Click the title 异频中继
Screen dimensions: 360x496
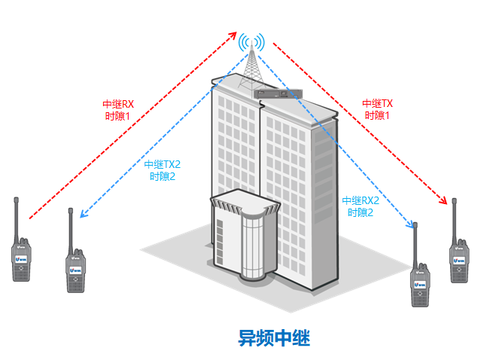[x=274, y=337]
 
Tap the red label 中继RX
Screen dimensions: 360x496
[x=117, y=105]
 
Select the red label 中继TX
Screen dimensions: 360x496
[x=377, y=104]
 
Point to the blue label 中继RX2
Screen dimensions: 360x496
[x=361, y=201]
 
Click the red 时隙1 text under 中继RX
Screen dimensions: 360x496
[x=117, y=116]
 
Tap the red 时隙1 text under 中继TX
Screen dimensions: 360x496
[x=377, y=115]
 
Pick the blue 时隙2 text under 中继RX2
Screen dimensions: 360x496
[x=361, y=212]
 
